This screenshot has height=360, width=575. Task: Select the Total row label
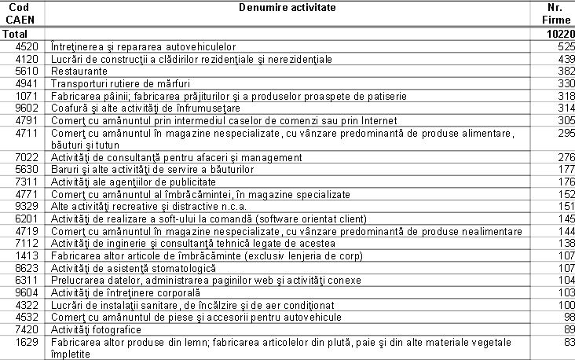[x=16, y=35]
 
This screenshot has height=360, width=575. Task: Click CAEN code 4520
[x=31, y=47]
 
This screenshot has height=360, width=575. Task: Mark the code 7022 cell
[x=31, y=158]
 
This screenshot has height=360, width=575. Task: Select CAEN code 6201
[x=31, y=219]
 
